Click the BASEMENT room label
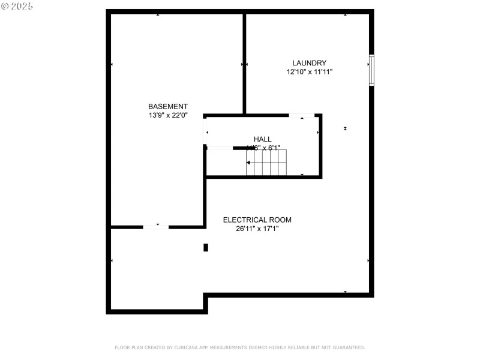click(x=168, y=106)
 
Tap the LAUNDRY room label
click(x=309, y=63)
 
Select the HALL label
click(x=262, y=139)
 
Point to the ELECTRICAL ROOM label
click(x=257, y=220)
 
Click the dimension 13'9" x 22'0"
click(x=168, y=115)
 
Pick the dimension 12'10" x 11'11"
click(x=309, y=72)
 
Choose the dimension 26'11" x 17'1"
click(x=257, y=229)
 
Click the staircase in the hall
click(x=266, y=163)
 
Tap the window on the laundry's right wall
click(x=371, y=71)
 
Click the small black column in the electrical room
click(x=206, y=247)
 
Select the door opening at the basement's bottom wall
click(x=155, y=227)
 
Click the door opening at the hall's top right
click(x=302, y=115)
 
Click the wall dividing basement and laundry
click(x=244, y=63)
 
